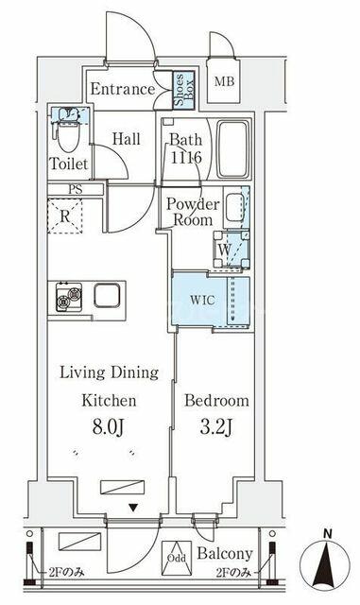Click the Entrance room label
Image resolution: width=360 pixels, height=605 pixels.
pos(123,89)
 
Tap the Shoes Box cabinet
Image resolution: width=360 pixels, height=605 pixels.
pos(183,90)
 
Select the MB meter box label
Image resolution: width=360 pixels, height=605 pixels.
pos(224,81)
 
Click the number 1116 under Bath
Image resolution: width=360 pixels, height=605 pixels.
pos(186,158)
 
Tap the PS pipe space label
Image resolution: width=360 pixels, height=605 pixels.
pos(76,189)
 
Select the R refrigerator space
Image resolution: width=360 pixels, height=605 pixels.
pos(65,216)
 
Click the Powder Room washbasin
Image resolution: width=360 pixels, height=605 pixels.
pos(234,208)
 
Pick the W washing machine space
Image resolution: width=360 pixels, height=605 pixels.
pos(231,250)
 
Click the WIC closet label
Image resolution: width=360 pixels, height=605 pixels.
pos(202,301)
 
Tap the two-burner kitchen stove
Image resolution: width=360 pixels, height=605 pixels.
pos(69,297)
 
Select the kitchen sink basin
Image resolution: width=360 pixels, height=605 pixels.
pos(107,296)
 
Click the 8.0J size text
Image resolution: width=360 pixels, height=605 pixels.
pos(109,427)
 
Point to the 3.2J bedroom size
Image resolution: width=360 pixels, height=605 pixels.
pos(216,427)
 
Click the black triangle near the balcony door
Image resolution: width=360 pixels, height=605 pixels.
pos(133,509)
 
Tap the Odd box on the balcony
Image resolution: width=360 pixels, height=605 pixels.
pos(177,558)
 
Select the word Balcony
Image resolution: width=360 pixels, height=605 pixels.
pos(225,554)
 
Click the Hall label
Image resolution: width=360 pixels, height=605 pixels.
pos(127,139)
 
